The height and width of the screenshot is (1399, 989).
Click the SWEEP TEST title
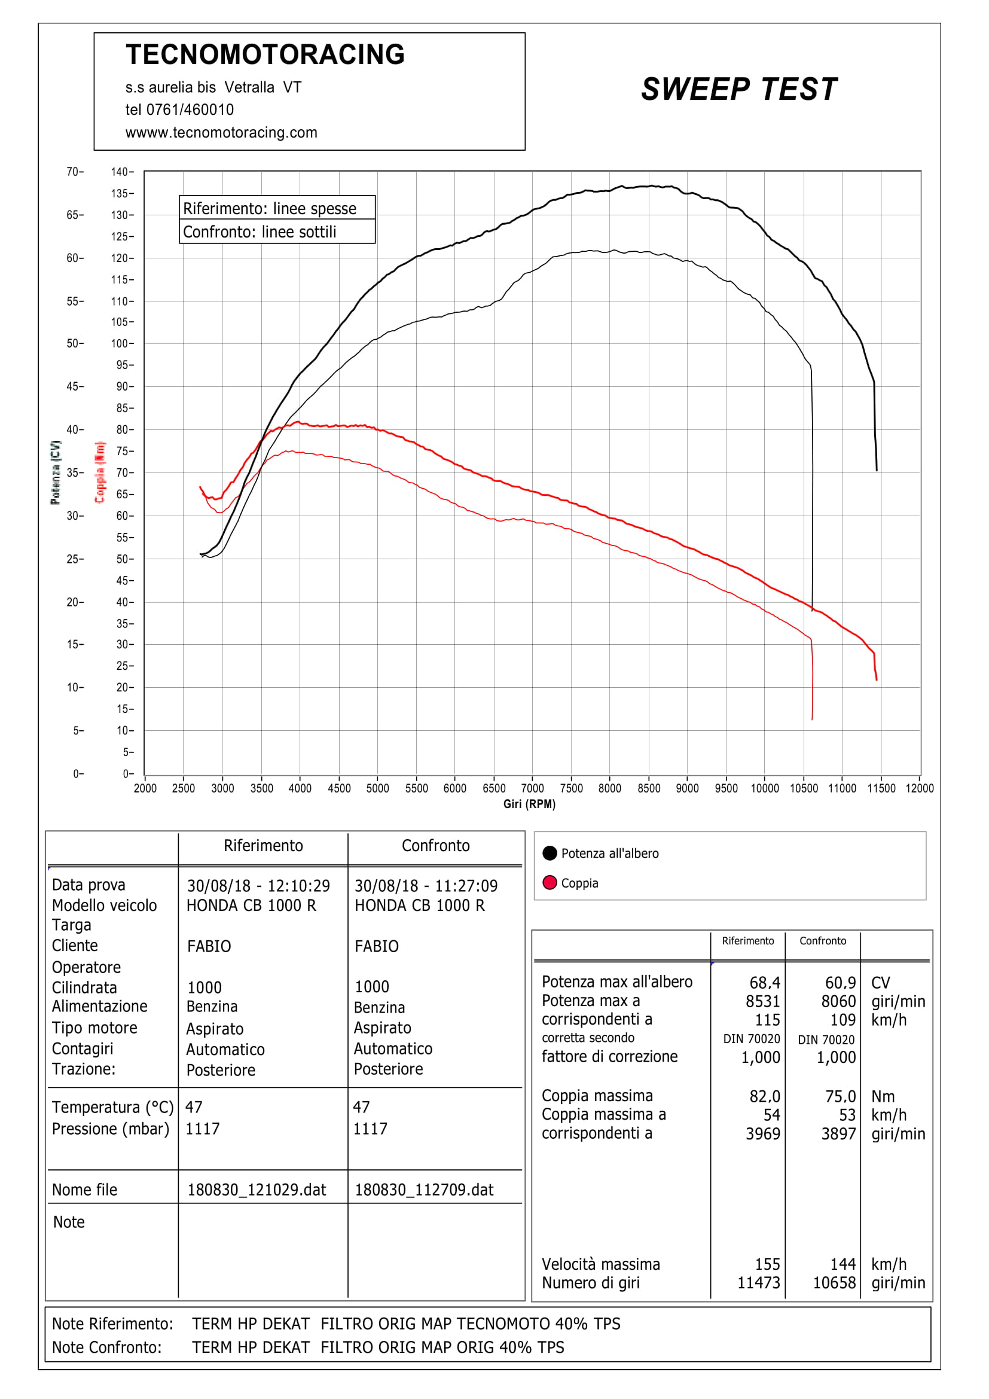[x=738, y=90]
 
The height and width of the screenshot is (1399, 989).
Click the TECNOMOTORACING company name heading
[x=265, y=55]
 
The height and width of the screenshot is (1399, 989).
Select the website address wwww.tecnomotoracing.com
[x=221, y=133]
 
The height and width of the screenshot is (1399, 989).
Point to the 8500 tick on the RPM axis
[x=649, y=788]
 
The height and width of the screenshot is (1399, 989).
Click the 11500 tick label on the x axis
[x=881, y=788]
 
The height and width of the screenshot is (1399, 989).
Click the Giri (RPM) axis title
[x=529, y=804]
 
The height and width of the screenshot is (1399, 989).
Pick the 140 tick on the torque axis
[x=120, y=172]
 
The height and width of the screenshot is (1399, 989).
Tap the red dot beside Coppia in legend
[x=550, y=883]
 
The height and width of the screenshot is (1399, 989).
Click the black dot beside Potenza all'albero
[x=550, y=853]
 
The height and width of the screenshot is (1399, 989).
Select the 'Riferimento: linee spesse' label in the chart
[x=269, y=209]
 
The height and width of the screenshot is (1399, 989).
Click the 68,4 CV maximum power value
[x=764, y=983]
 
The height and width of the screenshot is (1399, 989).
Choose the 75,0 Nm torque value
[x=840, y=1097]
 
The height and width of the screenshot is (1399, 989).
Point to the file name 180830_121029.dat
[x=257, y=1190]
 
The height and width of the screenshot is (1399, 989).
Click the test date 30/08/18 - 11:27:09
[x=426, y=886]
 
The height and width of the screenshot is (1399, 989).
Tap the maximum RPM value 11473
[x=758, y=1283]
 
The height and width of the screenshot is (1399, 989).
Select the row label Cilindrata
[x=84, y=987]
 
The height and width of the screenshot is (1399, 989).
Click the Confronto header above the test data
[x=435, y=846]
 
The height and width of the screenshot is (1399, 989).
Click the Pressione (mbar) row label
[x=110, y=1129]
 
